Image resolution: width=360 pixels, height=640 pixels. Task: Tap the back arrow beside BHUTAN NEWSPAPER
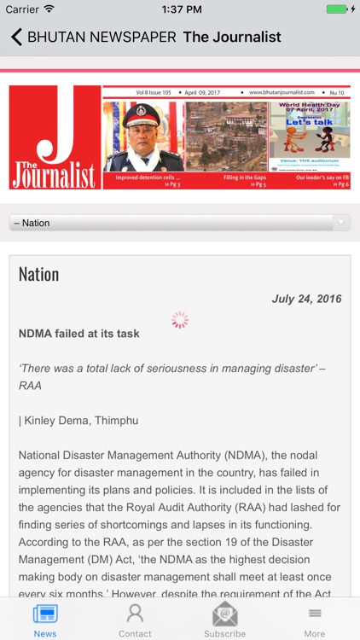click(x=15, y=37)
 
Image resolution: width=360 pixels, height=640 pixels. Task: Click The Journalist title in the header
click(x=232, y=37)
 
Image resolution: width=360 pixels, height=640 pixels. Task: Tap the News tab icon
click(x=45, y=614)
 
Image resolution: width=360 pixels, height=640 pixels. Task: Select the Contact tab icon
click(x=135, y=614)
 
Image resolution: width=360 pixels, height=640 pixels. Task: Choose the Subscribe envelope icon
click(x=224, y=614)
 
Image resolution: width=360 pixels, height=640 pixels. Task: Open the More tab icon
click(x=315, y=614)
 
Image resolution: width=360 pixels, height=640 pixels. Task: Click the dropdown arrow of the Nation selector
click(x=341, y=223)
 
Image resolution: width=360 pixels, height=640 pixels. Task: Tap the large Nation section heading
click(x=39, y=274)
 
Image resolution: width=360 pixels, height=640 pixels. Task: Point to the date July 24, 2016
click(x=306, y=299)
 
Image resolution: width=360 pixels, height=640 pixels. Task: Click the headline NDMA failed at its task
click(x=79, y=334)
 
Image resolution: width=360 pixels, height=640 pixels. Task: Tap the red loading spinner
click(x=179, y=320)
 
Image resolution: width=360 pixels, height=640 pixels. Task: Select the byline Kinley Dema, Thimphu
click(x=78, y=421)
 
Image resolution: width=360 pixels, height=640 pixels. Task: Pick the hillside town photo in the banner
click(x=225, y=137)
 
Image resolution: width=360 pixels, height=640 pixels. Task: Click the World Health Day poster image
click(x=310, y=135)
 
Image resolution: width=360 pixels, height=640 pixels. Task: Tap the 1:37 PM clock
click(x=180, y=9)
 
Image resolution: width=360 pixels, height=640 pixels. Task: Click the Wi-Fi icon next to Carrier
click(x=49, y=9)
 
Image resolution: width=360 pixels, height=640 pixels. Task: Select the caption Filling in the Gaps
click(x=245, y=177)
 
